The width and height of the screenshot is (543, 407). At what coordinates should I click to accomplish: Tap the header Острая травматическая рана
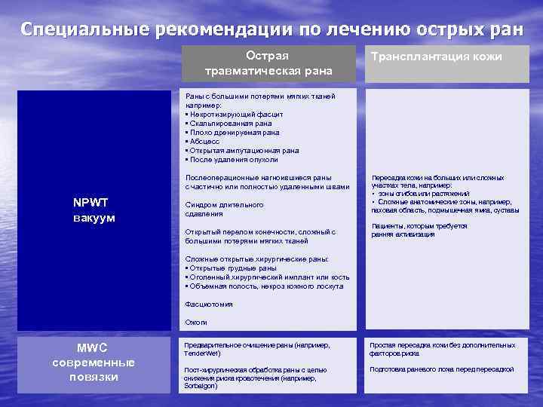268,63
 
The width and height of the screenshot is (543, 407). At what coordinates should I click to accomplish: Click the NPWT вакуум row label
94,210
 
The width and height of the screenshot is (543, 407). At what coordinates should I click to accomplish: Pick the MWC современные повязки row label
94,363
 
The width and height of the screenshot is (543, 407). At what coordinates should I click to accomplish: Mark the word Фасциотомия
209,304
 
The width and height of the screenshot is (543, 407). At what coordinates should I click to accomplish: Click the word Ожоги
196,322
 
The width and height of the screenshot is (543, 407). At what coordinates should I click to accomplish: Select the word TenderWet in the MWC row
201,353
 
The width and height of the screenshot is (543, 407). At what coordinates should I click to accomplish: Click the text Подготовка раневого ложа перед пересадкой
442,369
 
